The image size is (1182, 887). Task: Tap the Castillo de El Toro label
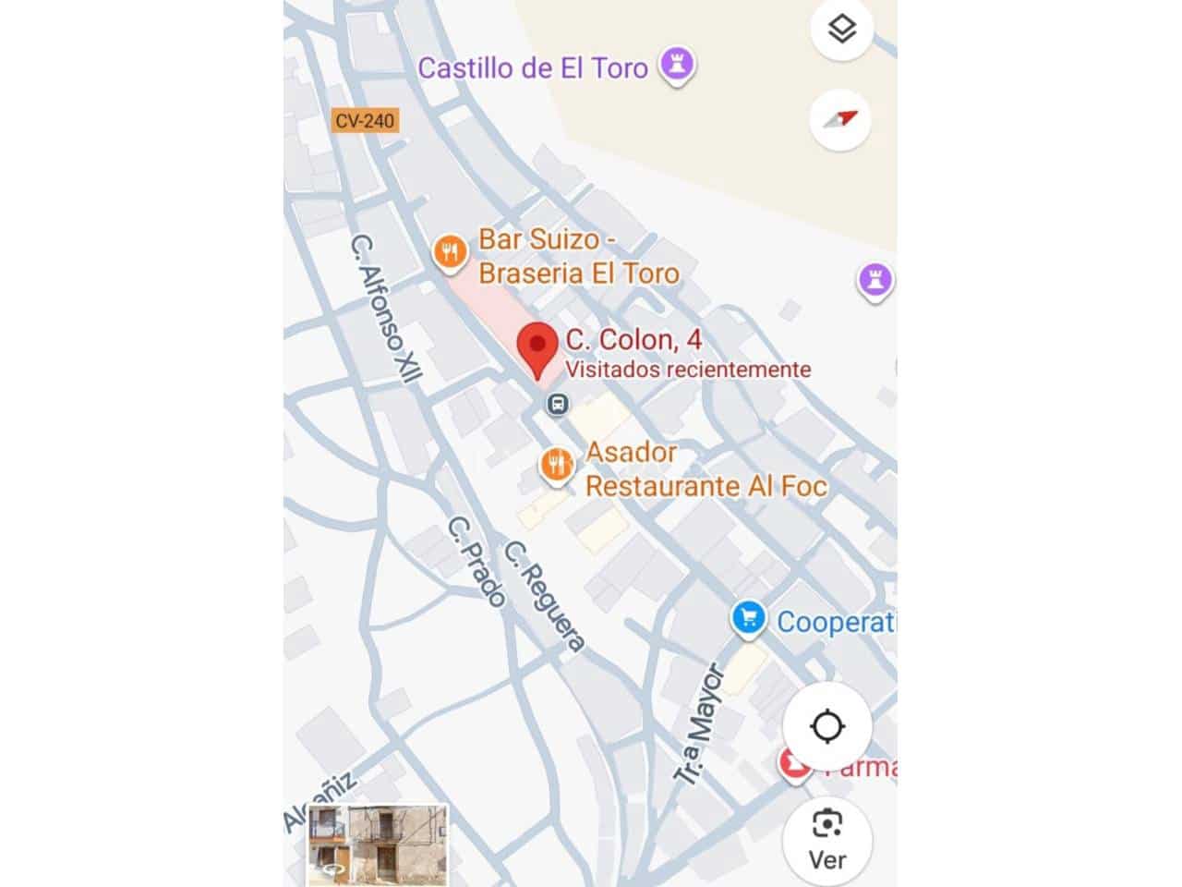point(533,67)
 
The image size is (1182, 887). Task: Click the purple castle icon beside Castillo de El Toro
point(677,66)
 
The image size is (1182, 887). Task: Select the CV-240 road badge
point(365,121)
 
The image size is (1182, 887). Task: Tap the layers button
point(841,30)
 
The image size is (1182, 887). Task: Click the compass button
point(840,119)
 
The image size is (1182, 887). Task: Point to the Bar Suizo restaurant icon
point(449,251)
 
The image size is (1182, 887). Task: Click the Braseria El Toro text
point(579,273)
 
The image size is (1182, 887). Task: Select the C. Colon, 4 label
point(633,339)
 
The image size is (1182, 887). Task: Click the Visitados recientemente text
point(688,370)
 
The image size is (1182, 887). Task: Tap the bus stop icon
point(557,404)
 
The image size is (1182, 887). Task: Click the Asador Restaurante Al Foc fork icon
point(556,465)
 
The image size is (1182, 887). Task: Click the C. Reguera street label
point(545,597)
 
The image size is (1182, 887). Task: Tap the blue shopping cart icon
point(748,618)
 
